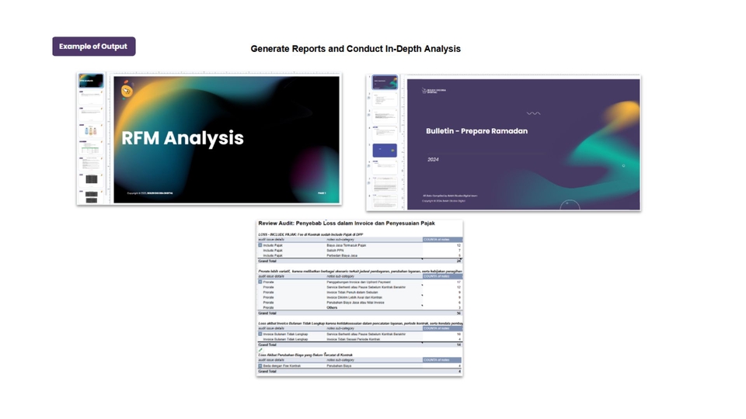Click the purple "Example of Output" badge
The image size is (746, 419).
[93, 47]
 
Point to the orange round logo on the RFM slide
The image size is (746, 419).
[127, 91]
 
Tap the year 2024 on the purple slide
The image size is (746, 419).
[433, 159]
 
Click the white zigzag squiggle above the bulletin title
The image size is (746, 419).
[533, 113]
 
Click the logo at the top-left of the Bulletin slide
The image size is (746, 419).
[434, 91]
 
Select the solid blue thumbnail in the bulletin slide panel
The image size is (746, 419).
[385, 150]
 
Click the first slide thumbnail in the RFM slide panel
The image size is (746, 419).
[91, 81]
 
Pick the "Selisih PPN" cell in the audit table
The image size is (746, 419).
[336, 251]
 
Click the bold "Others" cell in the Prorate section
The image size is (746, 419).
[333, 307]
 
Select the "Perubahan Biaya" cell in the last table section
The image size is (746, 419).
[340, 365]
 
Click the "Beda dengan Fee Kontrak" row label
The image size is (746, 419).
[280, 365]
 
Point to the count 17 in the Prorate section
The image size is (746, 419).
[458, 282]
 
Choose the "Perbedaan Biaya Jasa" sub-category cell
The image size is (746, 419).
[342, 255]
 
